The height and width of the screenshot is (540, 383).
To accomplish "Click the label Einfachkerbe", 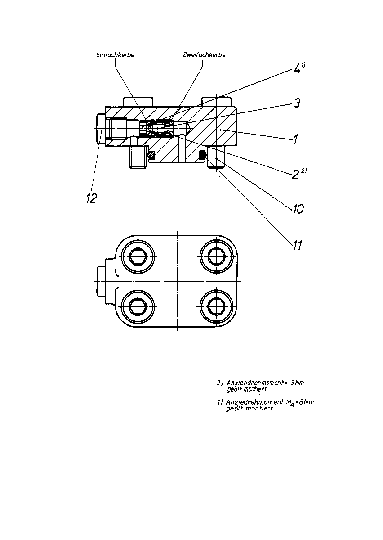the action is pos(115,55).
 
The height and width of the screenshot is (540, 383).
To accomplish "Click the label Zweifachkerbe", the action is pos(204,55).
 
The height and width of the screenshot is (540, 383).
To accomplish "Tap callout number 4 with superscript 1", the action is pos(300,68).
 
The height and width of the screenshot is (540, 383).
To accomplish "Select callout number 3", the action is pos(297,103).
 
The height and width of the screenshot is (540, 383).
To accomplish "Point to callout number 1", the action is pos(295,139).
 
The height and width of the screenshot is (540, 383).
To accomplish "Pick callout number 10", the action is pos(298,209).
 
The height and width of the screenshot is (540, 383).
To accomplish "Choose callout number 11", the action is pos(297,245).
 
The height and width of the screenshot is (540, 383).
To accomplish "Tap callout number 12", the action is pos(92,198).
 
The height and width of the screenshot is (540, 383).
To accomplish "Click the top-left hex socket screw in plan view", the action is pos(138,256).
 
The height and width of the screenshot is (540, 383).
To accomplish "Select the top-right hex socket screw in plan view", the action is pos(217,256).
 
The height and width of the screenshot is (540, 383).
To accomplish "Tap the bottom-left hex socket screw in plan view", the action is pos(138,306).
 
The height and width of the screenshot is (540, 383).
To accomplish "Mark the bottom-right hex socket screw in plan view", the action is pos(217,306).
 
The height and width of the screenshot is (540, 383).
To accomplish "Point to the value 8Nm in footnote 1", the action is pos(306,402).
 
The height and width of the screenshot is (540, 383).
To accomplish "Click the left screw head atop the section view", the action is pos(138,102).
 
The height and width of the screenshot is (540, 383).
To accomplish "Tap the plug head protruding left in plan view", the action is pos(101,281).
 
